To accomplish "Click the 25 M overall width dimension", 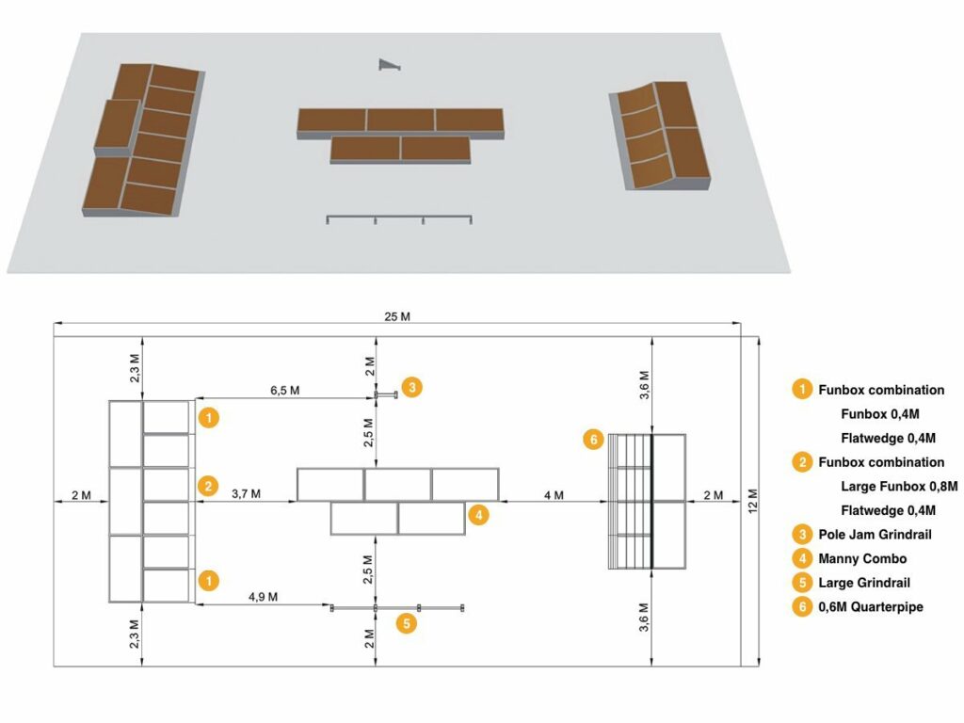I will [x=398, y=316].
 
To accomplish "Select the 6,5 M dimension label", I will [x=285, y=390].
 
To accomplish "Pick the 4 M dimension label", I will [x=553, y=494].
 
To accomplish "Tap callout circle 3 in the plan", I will [x=412, y=386].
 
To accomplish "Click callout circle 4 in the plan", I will [x=479, y=515].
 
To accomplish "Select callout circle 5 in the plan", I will [x=406, y=623].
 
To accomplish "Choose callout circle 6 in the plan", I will [x=592, y=440].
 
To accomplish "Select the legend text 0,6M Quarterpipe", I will [x=871, y=607].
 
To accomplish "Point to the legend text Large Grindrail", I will [x=864, y=584].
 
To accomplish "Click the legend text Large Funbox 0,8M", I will [x=899, y=487].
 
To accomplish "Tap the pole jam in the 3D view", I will [x=388, y=64].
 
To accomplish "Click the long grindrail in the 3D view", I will [x=398, y=219].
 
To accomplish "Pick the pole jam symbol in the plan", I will [x=386, y=394].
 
